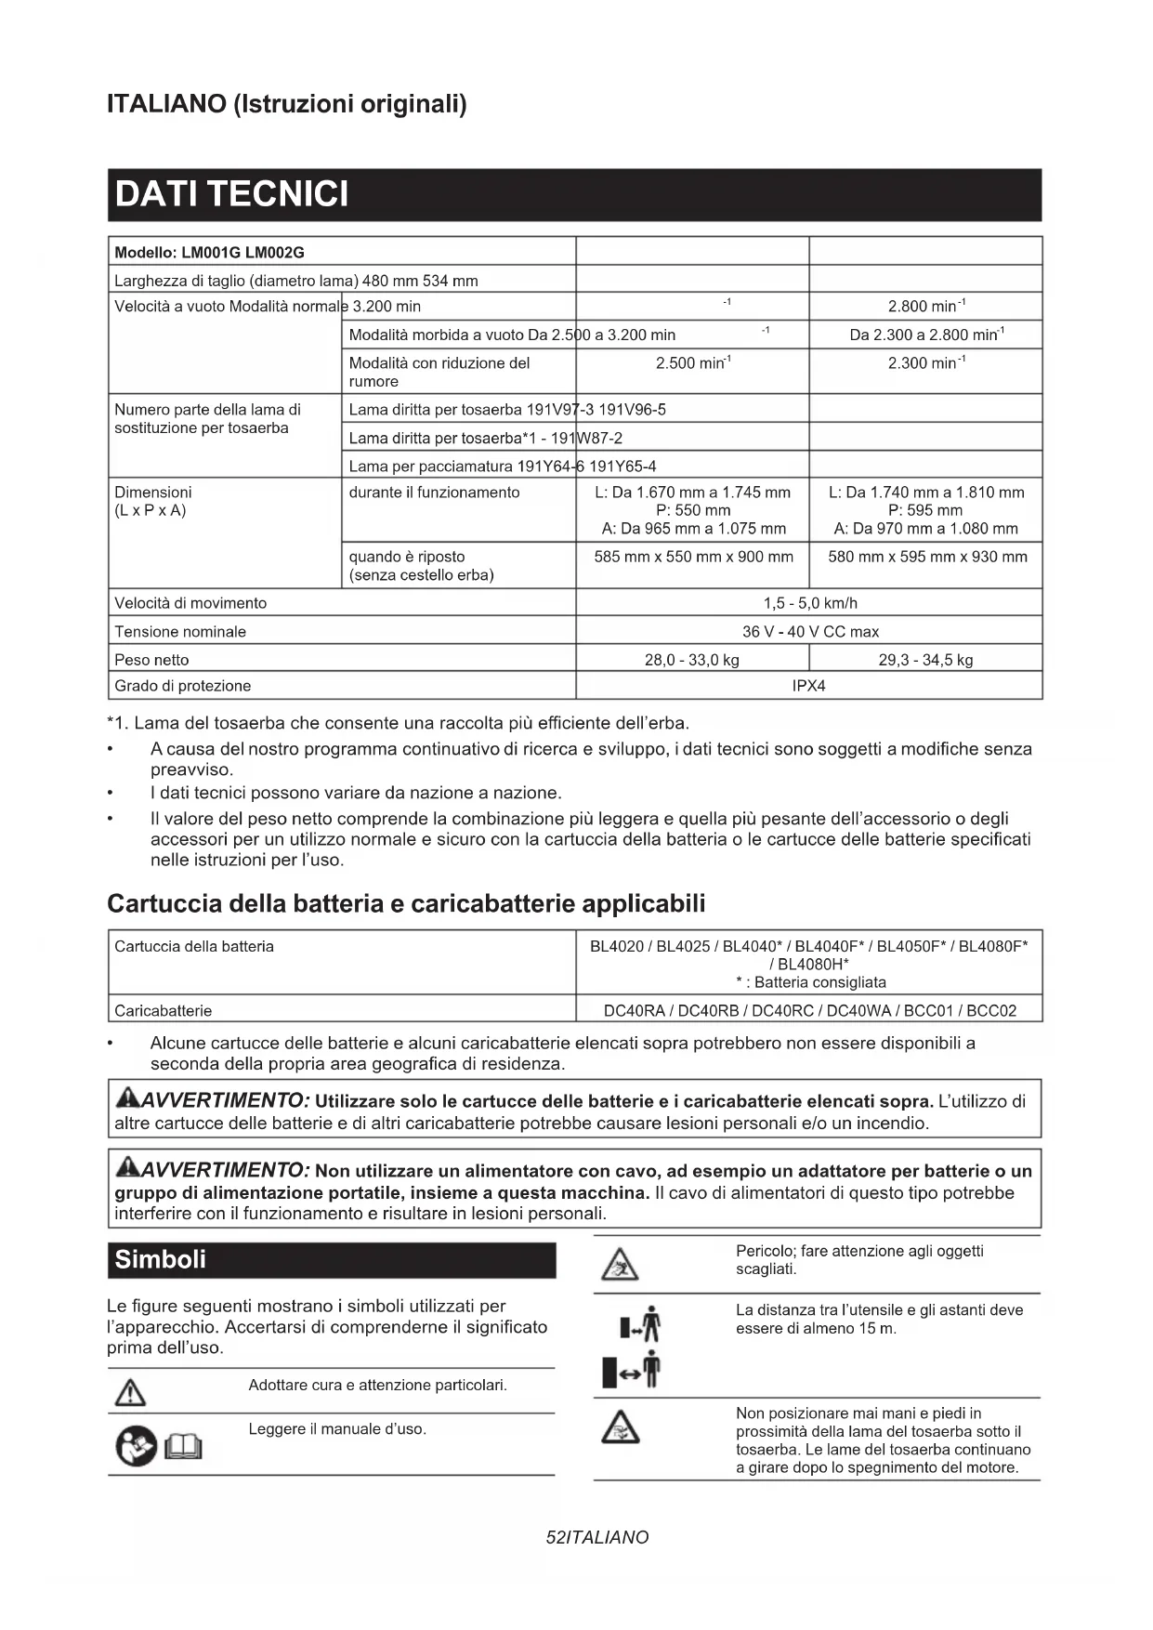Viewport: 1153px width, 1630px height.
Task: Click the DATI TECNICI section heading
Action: [x=231, y=194]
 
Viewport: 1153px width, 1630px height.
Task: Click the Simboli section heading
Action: [x=160, y=1259]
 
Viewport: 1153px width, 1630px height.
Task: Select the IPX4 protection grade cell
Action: [x=808, y=686]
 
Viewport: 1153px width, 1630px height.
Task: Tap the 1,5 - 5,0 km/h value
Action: [x=809, y=603]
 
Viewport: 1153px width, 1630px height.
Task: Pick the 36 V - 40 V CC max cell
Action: [x=809, y=632]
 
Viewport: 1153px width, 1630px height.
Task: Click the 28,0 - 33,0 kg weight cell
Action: [x=691, y=660]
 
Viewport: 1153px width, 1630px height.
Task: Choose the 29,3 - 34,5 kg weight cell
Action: [x=925, y=660]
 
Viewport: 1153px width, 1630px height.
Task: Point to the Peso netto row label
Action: [x=151, y=660]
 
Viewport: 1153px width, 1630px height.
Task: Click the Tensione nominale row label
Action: [x=180, y=632]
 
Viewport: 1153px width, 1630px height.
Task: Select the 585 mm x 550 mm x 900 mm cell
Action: [x=693, y=557]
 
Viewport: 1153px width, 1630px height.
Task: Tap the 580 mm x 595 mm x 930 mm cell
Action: [x=927, y=557]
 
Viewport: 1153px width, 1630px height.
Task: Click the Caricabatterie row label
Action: [x=163, y=1010]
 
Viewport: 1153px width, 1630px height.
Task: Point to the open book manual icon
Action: [x=183, y=1446]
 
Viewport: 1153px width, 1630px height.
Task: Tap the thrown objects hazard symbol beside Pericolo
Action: [x=619, y=1264]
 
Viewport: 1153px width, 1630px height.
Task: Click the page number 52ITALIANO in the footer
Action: [x=597, y=1538]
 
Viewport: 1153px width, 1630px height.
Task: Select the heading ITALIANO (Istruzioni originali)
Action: [x=287, y=103]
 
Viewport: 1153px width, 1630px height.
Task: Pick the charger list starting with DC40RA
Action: [x=809, y=1010]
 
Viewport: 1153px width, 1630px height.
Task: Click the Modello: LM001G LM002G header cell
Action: [x=209, y=253]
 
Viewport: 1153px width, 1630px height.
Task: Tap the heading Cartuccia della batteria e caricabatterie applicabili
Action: [x=406, y=903]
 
